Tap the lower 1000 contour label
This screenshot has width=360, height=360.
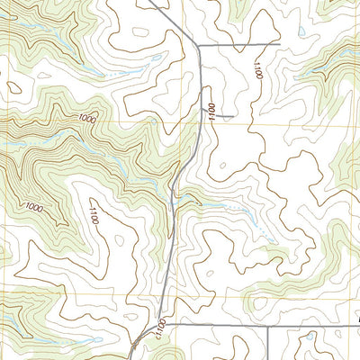(34, 208)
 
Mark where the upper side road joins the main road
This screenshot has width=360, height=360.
(198, 44)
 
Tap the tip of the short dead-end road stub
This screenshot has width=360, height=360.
(234, 116)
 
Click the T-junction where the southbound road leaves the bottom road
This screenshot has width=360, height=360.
(268, 325)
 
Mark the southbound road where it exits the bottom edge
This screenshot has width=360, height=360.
(268, 357)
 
